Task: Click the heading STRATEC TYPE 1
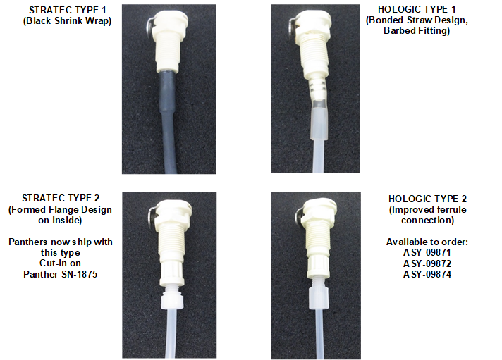point(68,11)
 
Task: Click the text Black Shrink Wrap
point(68,21)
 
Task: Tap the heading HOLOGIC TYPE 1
point(417,10)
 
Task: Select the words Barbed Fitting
point(417,31)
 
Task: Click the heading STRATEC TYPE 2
point(61,199)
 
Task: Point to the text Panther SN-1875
point(61,274)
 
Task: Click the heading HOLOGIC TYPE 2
point(428,199)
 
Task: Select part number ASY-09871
point(427,253)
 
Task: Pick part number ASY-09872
point(427,263)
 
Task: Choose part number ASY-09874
point(427,275)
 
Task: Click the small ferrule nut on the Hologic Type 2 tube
point(319,297)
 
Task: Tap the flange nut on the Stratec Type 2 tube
point(173,301)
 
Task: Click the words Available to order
point(427,242)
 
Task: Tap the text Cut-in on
point(60,263)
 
